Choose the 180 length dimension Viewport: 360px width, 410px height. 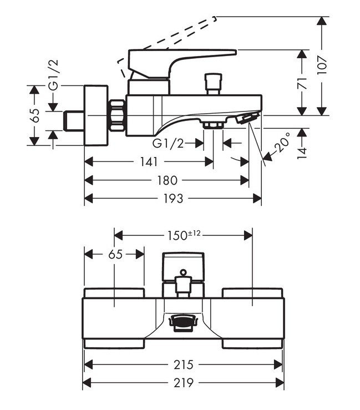click(166, 180)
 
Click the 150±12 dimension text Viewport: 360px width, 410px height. click(183, 235)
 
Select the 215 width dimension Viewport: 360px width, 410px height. click(184, 365)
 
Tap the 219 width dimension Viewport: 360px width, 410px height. click(184, 382)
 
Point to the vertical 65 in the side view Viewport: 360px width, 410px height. click(35, 115)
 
